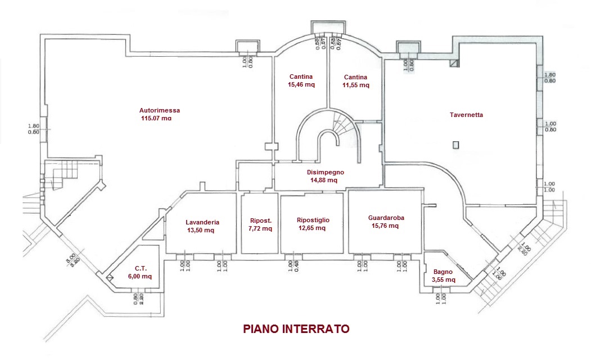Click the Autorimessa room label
(x=160, y=110)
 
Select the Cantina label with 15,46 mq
(x=301, y=77)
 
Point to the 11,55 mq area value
(x=356, y=85)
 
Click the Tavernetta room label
(x=466, y=115)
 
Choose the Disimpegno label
(x=325, y=172)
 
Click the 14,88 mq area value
(x=323, y=181)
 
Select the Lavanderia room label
(x=202, y=222)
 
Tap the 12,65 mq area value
(x=312, y=228)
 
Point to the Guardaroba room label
(x=386, y=218)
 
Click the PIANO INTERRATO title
(x=296, y=328)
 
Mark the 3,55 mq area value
(x=443, y=279)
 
